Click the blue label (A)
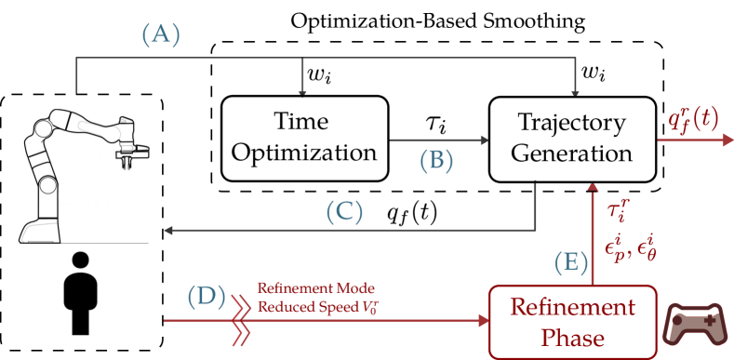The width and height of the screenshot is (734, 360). coord(160,35)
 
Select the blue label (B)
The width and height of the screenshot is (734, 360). coord(435,161)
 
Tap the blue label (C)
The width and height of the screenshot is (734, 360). coord(343,212)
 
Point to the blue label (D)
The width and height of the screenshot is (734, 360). coord(207,297)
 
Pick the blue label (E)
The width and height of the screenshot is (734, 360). coord(571,262)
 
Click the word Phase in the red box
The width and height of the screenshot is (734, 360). coord(572,338)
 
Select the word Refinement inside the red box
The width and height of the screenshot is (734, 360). coord(572,308)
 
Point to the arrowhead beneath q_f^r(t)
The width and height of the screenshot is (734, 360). coord(727,140)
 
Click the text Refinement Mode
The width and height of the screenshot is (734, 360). coord(315,287)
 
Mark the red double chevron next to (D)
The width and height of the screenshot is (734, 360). coord(241,321)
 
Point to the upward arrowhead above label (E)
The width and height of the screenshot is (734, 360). coord(593,190)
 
